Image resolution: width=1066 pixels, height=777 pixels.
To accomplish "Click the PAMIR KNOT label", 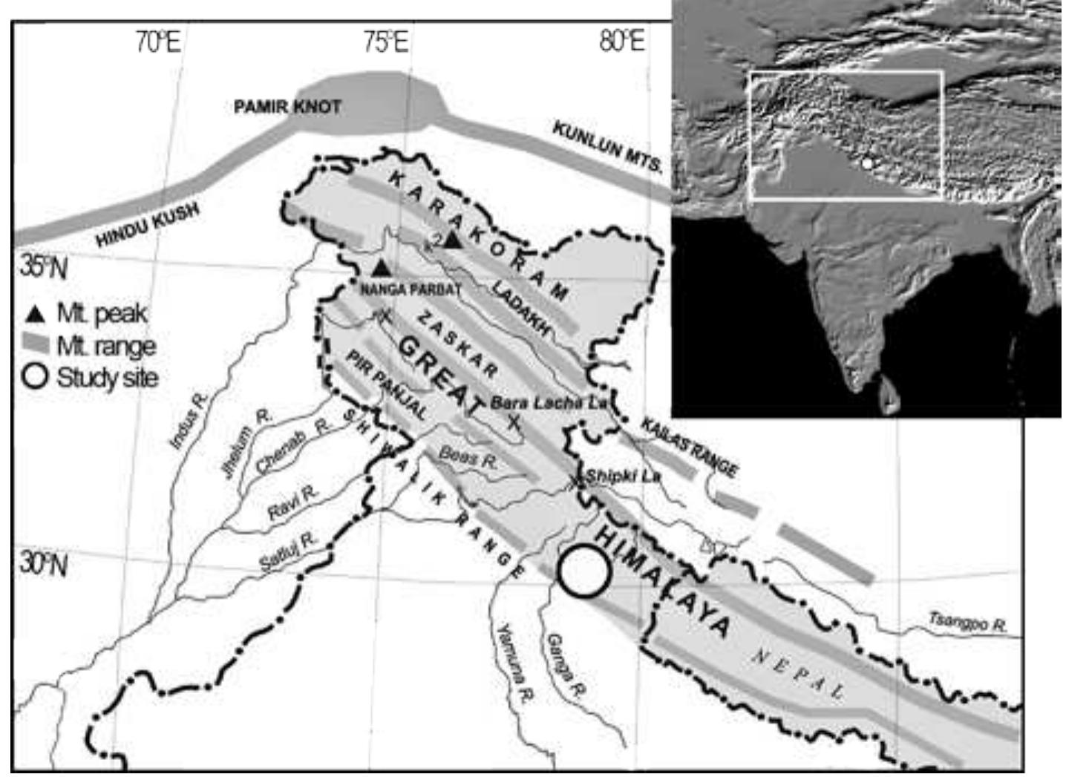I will [287, 107].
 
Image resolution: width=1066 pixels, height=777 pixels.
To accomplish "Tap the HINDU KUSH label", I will [148, 224].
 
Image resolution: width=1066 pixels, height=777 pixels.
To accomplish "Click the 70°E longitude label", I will [157, 43].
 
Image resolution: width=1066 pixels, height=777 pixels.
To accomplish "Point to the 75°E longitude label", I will [385, 43].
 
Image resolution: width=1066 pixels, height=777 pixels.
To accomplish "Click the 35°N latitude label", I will [42, 266].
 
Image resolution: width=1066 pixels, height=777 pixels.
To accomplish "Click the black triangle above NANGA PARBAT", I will [381, 268].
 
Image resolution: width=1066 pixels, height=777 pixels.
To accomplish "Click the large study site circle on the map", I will [585, 571].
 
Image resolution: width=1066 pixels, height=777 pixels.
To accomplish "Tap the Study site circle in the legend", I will [35, 377].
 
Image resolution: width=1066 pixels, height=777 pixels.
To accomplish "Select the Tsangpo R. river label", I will [969, 622].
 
